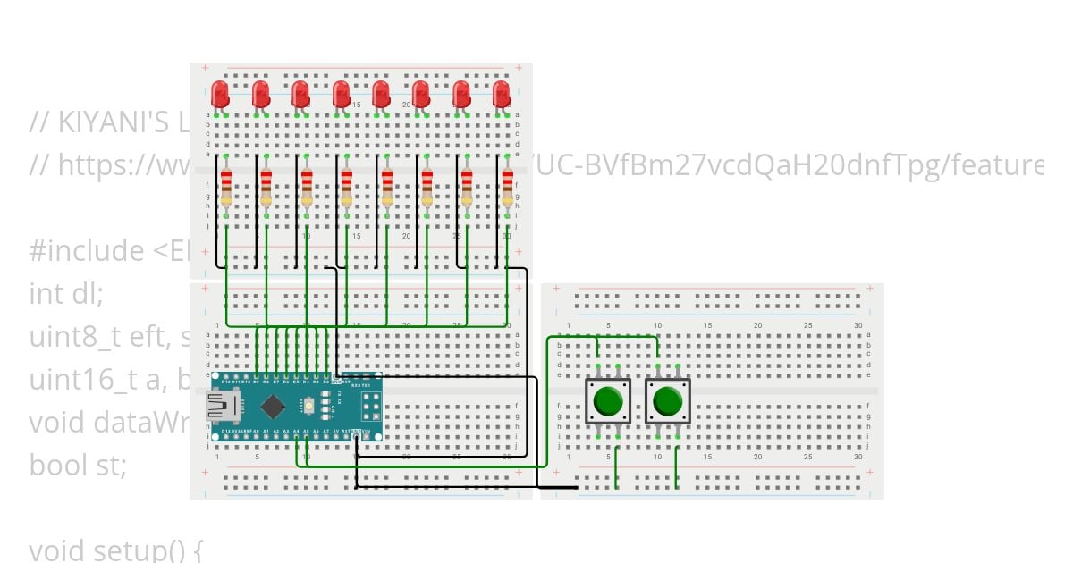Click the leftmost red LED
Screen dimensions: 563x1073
pyautogui.click(x=221, y=93)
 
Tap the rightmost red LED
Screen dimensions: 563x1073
pyautogui.click(x=502, y=93)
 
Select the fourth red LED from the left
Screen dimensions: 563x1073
pyautogui.click(x=341, y=93)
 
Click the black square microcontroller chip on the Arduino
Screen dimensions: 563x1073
pyautogui.click(x=273, y=407)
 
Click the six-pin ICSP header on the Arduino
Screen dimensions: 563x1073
pyautogui.click(x=371, y=407)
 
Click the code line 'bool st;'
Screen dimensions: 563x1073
pyautogui.click(x=78, y=465)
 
